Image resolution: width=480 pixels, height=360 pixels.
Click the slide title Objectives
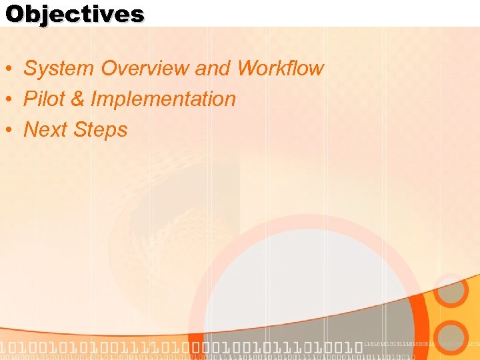(75, 14)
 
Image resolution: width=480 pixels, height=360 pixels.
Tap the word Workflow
(280, 68)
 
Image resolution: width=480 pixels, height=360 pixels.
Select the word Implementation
(163, 99)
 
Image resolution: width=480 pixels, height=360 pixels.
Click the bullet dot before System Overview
(11, 69)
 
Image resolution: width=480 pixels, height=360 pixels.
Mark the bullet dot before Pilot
(11, 99)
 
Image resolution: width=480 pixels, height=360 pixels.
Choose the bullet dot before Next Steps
(11, 130)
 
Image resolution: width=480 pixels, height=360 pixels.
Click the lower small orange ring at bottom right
(452, 337)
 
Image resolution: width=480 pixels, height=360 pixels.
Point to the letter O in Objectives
(15, 14)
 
